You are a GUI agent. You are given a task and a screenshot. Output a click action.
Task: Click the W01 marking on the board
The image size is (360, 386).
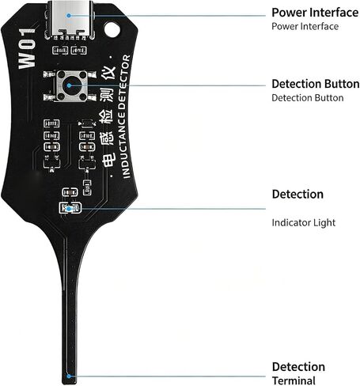pos(27,48)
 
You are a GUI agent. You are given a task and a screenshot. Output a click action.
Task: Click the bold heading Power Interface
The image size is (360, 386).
pos(315,13)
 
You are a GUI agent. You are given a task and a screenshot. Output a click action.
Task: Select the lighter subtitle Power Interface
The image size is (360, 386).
pos(305,26)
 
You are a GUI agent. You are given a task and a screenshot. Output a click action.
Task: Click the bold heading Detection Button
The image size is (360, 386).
pos(316,84)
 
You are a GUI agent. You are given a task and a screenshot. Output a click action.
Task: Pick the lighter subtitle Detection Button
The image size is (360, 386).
pos(308,98)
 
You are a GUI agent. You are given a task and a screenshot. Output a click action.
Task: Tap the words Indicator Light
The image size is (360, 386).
pos(304,222)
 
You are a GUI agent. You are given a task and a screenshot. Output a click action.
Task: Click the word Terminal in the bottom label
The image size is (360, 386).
pos(294,380)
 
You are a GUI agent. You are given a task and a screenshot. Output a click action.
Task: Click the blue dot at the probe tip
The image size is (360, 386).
pos(69,376)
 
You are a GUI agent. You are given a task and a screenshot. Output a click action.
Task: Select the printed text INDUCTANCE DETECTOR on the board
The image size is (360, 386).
pos(125,116)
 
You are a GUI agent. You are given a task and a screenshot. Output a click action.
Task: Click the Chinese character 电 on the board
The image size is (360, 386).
pos(108,160)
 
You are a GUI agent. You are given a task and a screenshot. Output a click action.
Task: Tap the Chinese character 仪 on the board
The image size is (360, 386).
pos(108,74)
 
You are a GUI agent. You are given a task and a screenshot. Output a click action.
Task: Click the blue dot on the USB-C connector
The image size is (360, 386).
pos(69,16)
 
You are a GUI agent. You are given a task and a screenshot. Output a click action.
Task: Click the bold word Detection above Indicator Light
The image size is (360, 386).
pos(297,195)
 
